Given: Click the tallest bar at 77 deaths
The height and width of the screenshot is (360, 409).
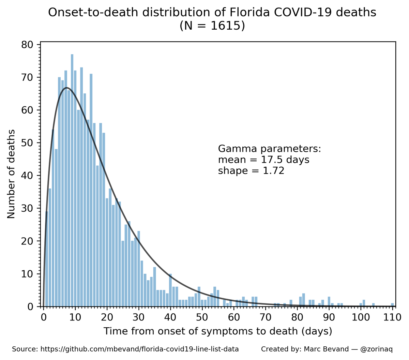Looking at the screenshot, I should tap(72, 181).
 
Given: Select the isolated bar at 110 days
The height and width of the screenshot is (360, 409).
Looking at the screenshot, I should tap(392, 305).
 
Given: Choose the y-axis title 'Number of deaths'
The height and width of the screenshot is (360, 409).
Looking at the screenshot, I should tap(11, 174).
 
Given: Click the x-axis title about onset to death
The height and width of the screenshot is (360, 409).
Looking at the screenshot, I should tap(218, 331).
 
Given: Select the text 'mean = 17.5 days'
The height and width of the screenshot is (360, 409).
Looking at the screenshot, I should tap(263, 160).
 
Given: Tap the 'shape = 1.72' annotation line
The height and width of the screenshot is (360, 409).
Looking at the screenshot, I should tap(251, 170).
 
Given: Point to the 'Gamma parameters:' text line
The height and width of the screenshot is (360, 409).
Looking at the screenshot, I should tap(269, 149).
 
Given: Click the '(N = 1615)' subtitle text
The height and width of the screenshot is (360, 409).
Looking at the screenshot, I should tap(212, 26).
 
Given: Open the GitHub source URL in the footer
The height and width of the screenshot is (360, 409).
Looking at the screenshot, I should tap(139, 349).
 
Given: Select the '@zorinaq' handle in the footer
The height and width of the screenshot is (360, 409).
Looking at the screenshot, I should tap(376, 349).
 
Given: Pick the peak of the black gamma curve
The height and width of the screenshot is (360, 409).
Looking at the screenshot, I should tap(67, 88).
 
